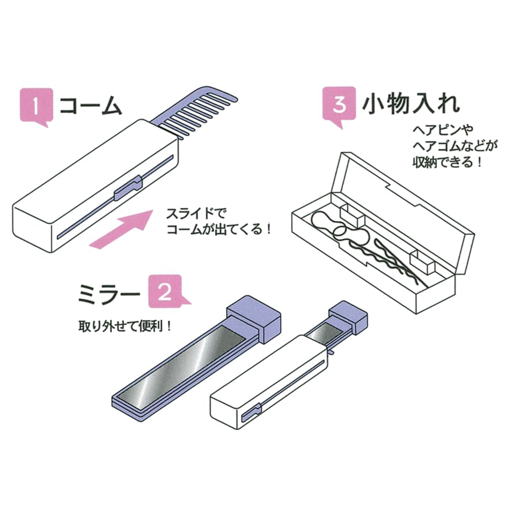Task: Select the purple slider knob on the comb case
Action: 128,188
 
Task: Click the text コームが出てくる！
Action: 219,229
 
